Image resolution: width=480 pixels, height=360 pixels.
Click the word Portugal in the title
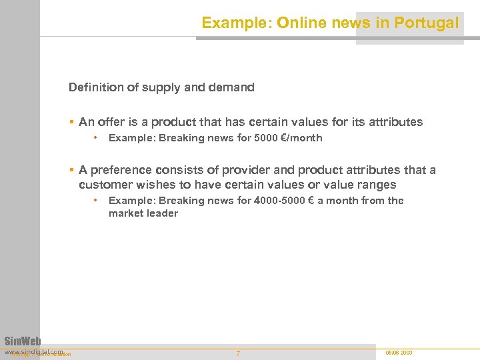[x=426, y=23]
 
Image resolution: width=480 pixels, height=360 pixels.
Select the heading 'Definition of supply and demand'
[x=161, y=87]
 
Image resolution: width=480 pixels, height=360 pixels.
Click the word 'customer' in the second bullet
[x=104, y=185]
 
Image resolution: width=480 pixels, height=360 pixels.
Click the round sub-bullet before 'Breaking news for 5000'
[x=97, y=138]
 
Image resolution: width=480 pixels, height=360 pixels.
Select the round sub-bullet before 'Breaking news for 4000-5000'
[x=97, y=200]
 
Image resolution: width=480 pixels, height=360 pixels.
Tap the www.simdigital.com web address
[x=33, y=351]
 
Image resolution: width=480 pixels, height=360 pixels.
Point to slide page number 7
[x=238, y=353]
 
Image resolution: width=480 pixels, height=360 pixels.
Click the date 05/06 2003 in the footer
[x=399, y=352]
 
